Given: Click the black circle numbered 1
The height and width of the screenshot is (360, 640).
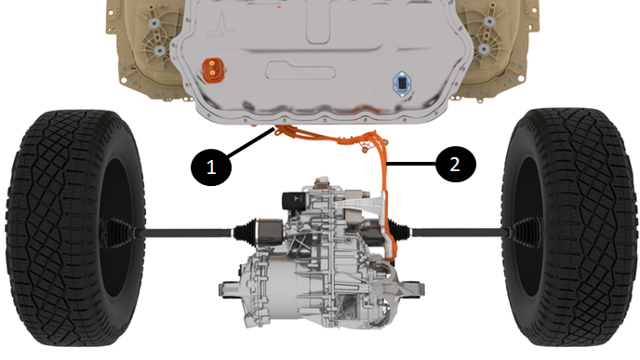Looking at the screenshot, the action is coord(211,167).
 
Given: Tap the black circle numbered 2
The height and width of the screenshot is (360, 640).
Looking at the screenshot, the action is coord(456,164).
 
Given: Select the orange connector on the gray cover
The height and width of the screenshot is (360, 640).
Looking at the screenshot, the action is coord(213,70).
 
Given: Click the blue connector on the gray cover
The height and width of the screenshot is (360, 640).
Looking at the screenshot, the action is coord(402,84).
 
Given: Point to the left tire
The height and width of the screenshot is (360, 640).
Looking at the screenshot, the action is coord(75,227).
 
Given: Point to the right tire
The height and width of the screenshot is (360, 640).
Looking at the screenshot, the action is coord(568,227).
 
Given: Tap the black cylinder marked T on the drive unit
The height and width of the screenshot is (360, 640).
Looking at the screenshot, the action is coord(293,200).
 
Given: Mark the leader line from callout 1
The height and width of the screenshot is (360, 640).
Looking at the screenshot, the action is coord(250,142).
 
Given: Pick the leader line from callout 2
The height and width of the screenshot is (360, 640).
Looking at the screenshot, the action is coord(412,164).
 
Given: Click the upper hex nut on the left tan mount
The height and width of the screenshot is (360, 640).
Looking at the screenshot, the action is coord(153,23).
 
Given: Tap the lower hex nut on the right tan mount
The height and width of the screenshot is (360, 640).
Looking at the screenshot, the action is coord(484,49).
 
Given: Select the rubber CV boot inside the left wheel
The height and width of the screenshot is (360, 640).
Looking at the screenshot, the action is coord(117,233).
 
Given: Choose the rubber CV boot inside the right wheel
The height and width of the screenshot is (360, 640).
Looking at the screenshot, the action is coord(527,233).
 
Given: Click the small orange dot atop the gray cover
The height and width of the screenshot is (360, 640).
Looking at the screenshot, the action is coord(279,7).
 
